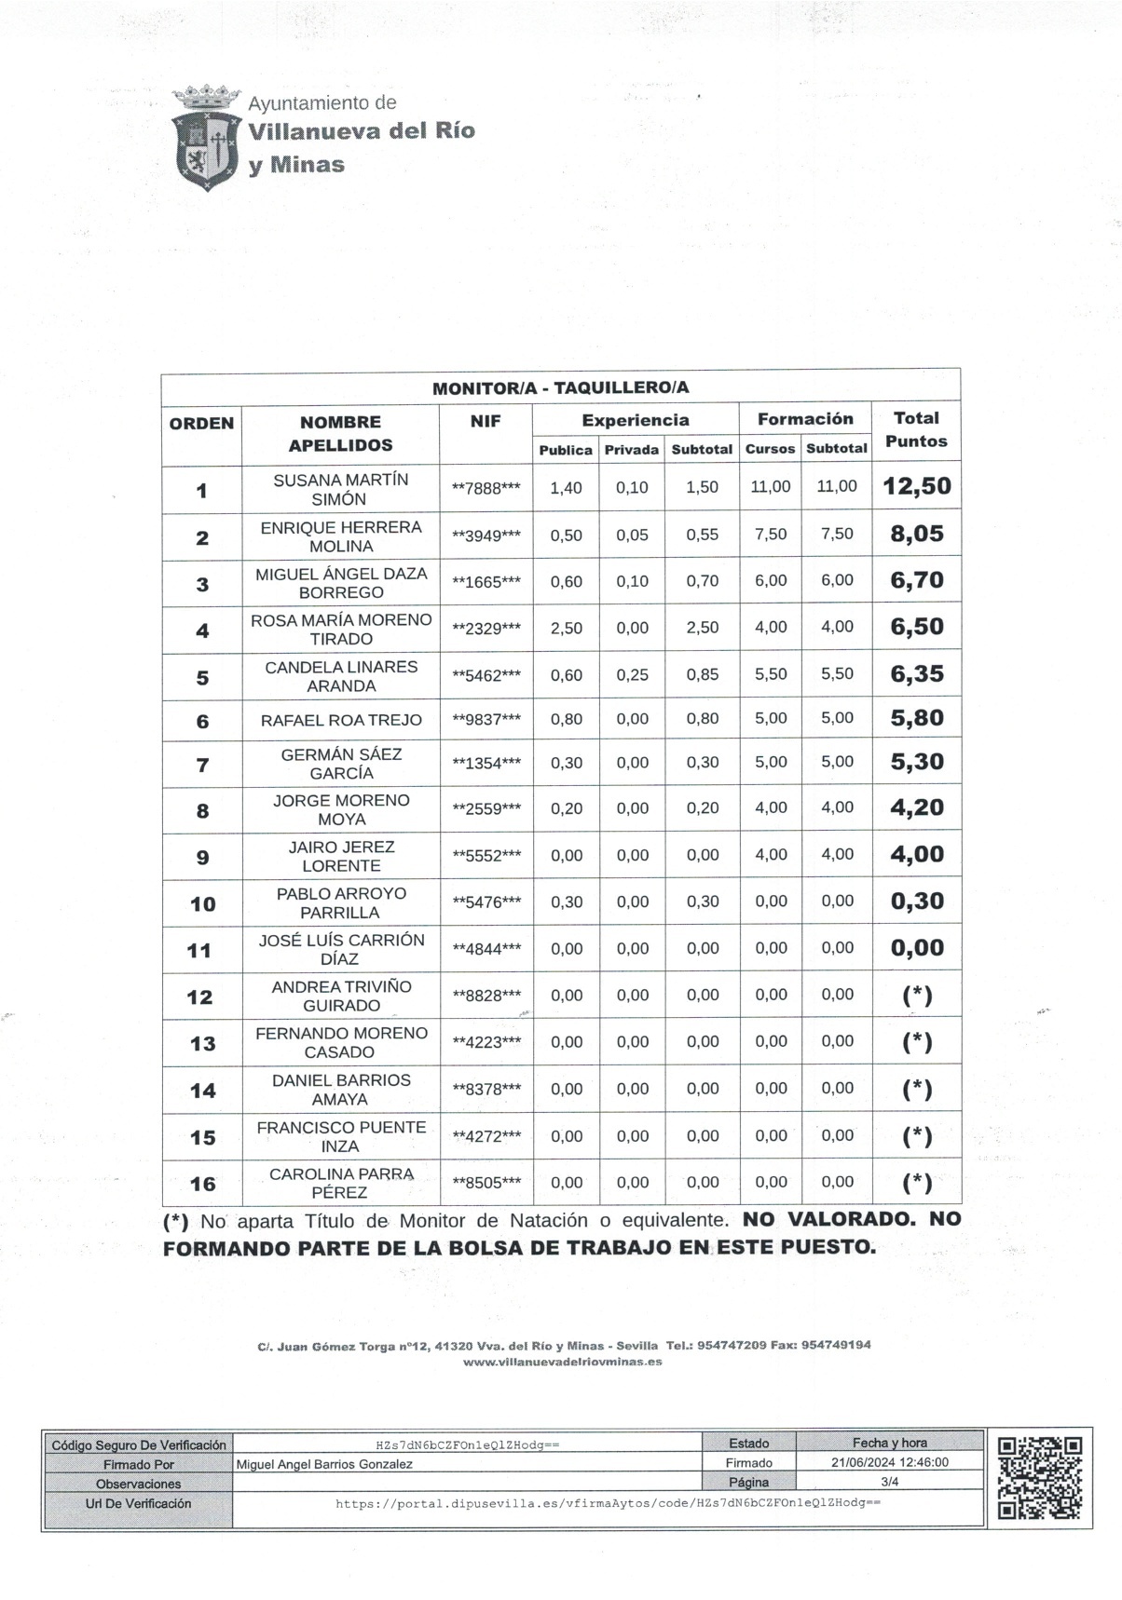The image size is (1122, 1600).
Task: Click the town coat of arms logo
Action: click(206, 138)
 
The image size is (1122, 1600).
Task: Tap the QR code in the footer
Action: click(1039, 1478)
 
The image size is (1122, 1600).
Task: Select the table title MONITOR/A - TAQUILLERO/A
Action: click(560, 388)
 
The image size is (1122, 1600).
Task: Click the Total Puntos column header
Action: click(916, 429)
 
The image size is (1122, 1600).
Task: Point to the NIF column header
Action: click(486, 421)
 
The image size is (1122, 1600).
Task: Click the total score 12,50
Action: click(916, 486)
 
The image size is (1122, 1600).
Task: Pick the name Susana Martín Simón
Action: click(340, 489)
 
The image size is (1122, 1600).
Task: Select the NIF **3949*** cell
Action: click(486, 536)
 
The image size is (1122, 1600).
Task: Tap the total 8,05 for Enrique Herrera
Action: click(916, 535)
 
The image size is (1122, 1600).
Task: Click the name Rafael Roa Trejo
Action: click(340, 720)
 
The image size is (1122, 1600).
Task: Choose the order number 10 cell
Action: click(202, 903)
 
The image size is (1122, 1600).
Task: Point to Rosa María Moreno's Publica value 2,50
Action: click(566, 628)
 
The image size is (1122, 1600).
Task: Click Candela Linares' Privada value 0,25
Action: click(632, 674)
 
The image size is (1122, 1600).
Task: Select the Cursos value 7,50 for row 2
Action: click(770, 535)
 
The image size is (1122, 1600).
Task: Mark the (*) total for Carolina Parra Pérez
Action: click(917, 1183)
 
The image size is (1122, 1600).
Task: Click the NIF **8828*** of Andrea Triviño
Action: click(486, 996)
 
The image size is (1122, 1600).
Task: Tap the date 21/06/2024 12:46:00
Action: click(889, 1462)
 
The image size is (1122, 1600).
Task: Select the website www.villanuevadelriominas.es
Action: click(562, 1362)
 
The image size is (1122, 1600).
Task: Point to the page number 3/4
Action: click(889, 1482)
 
